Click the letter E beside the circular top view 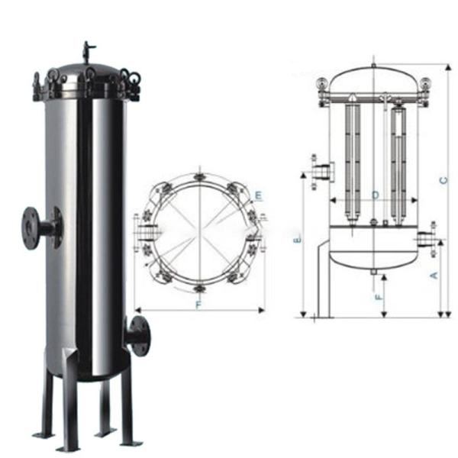point(259,196)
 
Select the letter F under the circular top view point(199,305)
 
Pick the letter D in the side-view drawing point(375,195)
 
